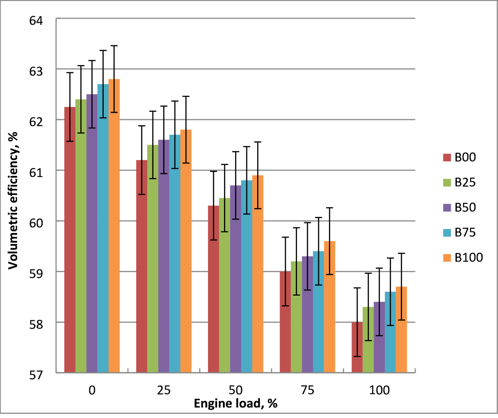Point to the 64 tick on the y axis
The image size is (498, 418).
click(x=36, y=21)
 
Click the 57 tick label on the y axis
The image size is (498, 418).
click(x=36, y=375)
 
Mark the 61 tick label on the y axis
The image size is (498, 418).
click(x=36, y=173)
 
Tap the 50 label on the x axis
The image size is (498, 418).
click(x=236, y=390)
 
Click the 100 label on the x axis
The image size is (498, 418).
click(x=379, y=390)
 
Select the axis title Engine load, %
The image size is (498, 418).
click(x=236, y=404)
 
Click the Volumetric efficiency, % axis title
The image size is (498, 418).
click(x=13, y=201)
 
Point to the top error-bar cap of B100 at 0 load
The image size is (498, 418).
click(x=114, y=46)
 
